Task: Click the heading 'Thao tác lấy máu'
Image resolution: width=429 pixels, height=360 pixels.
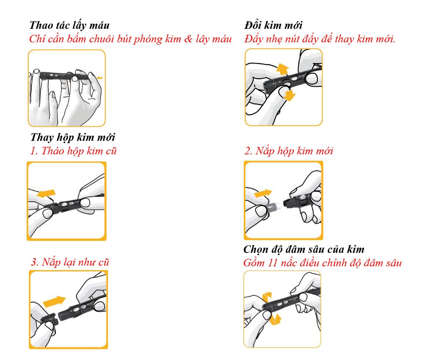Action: pos(69,25)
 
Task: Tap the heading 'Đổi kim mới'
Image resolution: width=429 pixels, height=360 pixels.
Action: pos(273,25)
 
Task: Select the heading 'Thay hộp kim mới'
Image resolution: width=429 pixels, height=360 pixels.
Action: pos(73,137)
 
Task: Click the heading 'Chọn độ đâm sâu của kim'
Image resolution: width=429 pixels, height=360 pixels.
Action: pos(304,249)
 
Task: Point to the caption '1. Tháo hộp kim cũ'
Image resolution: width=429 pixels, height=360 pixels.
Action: pos(73,151)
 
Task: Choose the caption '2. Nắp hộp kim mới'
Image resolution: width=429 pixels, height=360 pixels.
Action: pos(289,151)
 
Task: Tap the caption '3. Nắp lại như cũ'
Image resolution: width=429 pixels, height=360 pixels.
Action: pos(70,262)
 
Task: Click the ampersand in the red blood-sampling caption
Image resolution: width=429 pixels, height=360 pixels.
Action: pos(188,39)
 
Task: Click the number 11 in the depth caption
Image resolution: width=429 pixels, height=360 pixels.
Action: pos(273,263)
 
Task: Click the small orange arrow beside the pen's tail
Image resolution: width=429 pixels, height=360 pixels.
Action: pos(100,78)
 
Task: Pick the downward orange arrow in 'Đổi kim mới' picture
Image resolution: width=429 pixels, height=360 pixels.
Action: pos(289,96)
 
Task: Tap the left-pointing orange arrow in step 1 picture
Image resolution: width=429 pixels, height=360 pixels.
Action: pos(46,193)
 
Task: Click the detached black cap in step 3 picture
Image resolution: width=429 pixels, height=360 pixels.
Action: pos(50,318)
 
